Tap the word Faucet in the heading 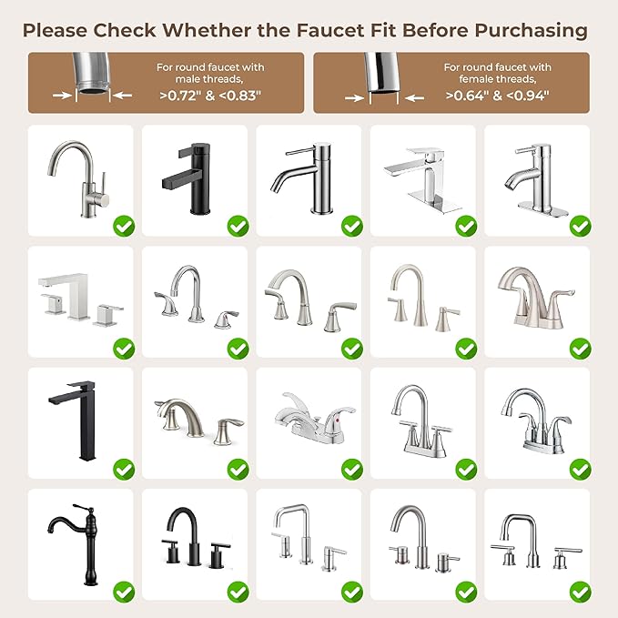(x=330, y=30)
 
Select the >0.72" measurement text (x=186, y=93)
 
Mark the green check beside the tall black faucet (x=123, y=469)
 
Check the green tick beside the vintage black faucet (x=123, y=591)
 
